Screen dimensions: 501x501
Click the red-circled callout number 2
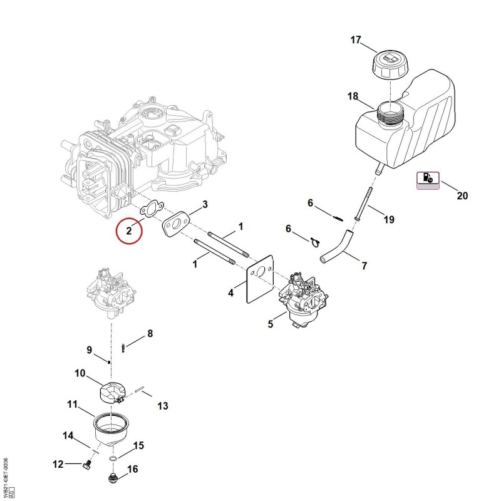coord(129,230)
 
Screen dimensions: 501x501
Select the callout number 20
coord(462,195)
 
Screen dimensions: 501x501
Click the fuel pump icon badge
coord(428,180)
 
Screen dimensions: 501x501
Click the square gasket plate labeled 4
coord(260,279)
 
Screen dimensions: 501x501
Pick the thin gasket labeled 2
coord(152,209)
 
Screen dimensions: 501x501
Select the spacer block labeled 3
coord(176,225)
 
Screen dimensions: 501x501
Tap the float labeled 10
coord(111,393)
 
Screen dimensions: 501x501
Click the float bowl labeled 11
coord(111,430)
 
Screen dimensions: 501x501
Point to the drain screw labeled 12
coord(87,465)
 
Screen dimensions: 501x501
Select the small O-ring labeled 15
coord(113,459)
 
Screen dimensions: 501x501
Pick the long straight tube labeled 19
coord(363,204)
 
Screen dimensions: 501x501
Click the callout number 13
coord(163,406)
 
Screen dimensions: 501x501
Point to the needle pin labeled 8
coord(123,348)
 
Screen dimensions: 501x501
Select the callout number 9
coord(89,350)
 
